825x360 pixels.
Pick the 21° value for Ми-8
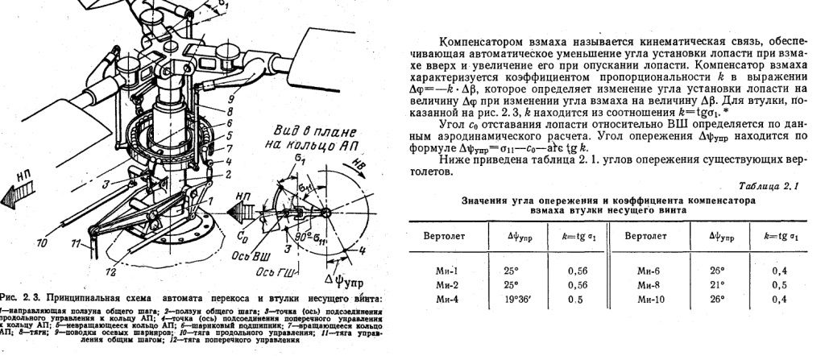pyautogui.click(x=722, y=284)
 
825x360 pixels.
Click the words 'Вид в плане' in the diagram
pyautogui.click(x=298, y=128)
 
